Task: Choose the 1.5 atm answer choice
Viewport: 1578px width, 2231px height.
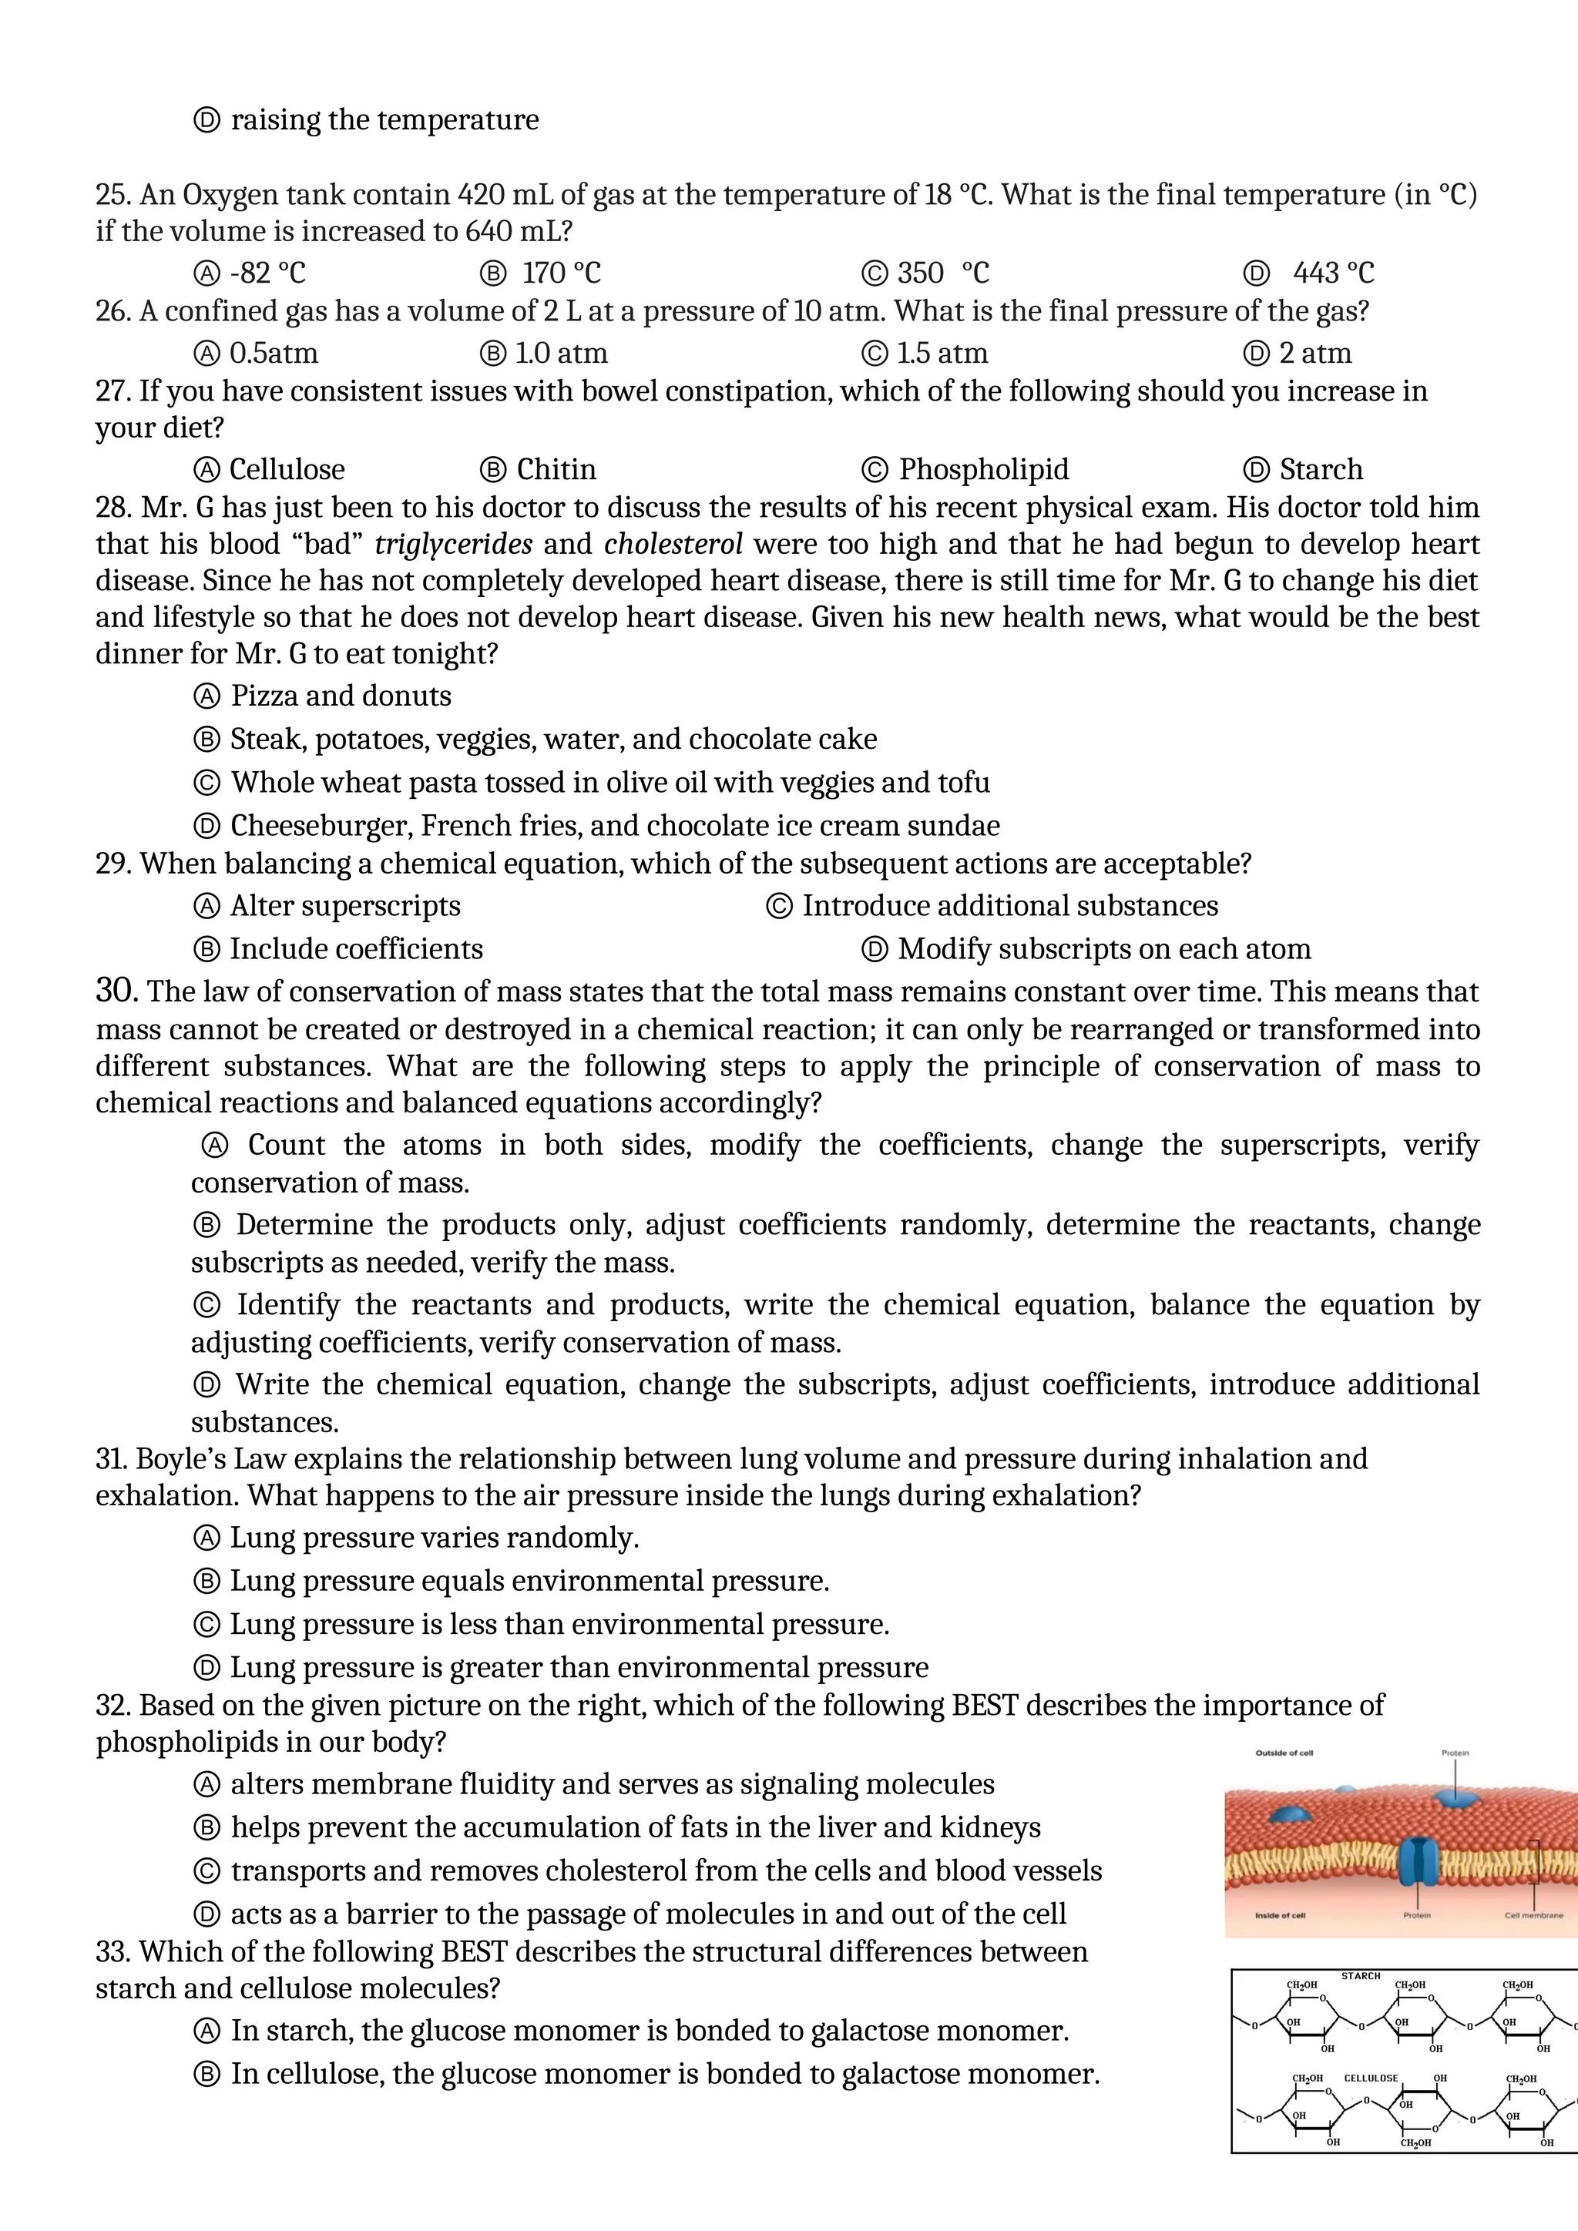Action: coord(942,354)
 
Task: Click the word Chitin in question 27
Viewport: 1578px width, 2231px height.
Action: coord(556,469)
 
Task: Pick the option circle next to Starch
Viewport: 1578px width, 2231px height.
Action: coord(1257,470)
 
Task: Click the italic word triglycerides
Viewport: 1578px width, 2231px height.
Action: coord(453,544)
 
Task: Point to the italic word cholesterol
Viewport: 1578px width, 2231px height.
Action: coord(673,544)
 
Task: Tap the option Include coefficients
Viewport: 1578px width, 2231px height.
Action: coord(356,949)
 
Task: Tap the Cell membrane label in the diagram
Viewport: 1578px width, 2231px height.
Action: coord(1533,1915)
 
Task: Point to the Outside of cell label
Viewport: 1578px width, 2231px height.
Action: coord(1284,1753)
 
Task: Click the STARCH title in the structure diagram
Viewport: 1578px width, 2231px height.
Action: coord(1361,1975)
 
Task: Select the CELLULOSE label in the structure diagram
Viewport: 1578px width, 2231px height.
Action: coord(1370,2078)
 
